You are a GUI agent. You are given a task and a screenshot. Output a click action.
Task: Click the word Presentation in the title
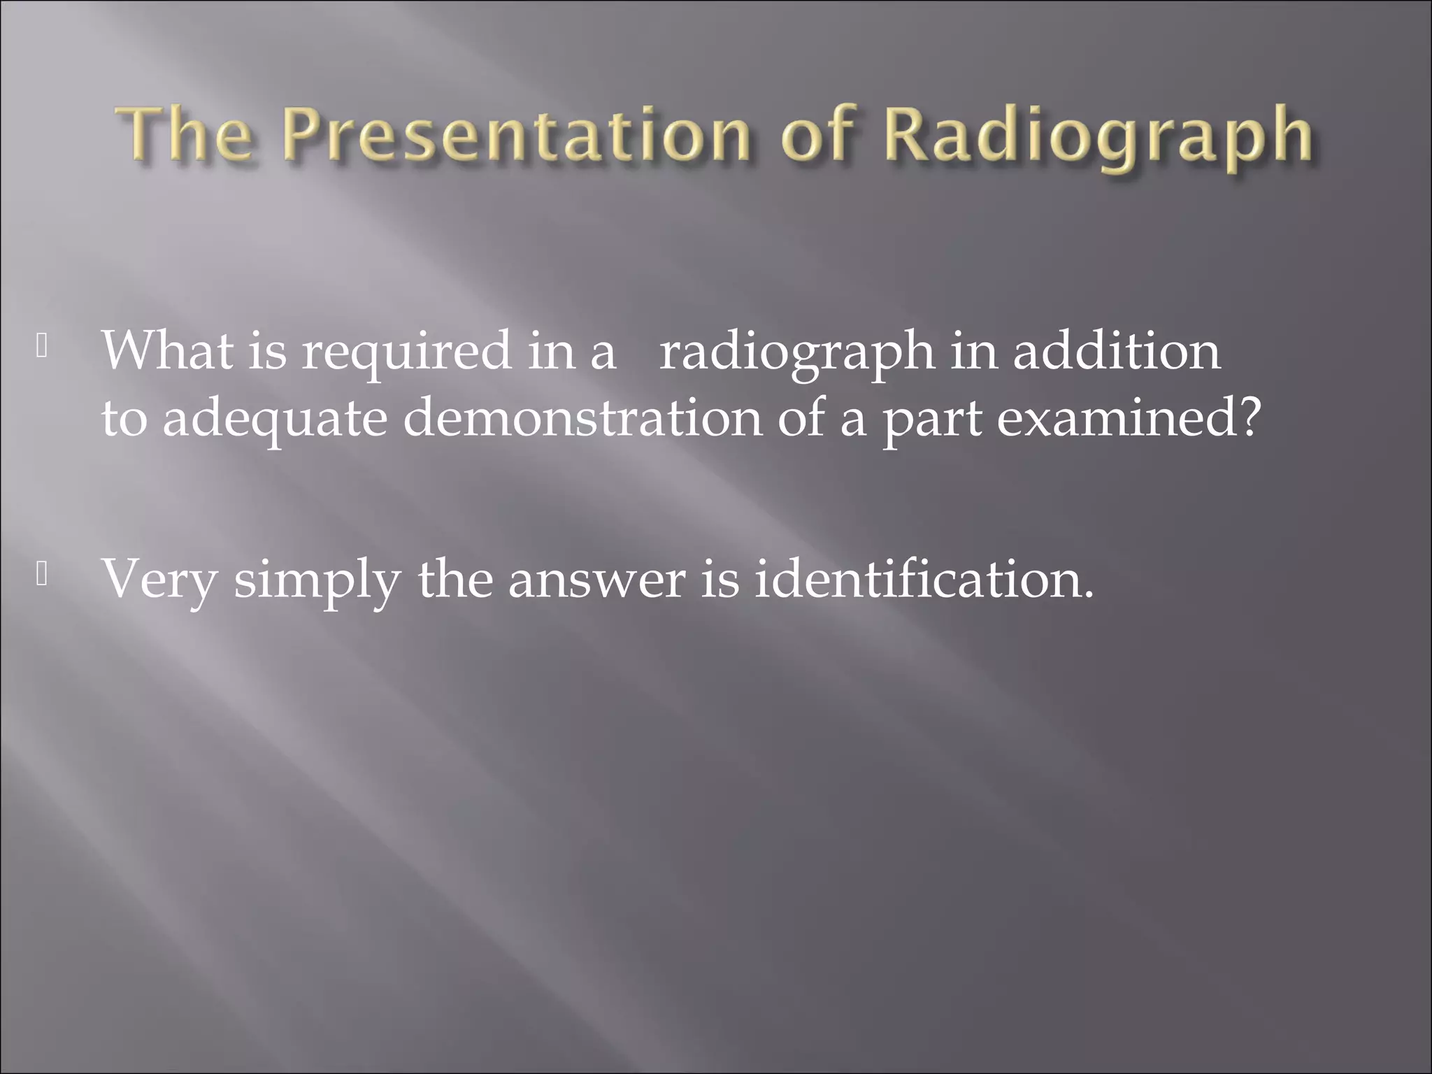pos(517,136)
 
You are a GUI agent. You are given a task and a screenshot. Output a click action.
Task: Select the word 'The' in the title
pos(186,136)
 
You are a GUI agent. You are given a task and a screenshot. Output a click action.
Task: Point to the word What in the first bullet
pos(167,350)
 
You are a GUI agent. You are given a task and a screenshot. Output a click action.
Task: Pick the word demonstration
pos(582,418)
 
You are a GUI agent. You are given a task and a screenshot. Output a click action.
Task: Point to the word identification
pos(915,579)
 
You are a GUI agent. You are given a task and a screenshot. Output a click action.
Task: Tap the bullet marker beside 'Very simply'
pos(42,574)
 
